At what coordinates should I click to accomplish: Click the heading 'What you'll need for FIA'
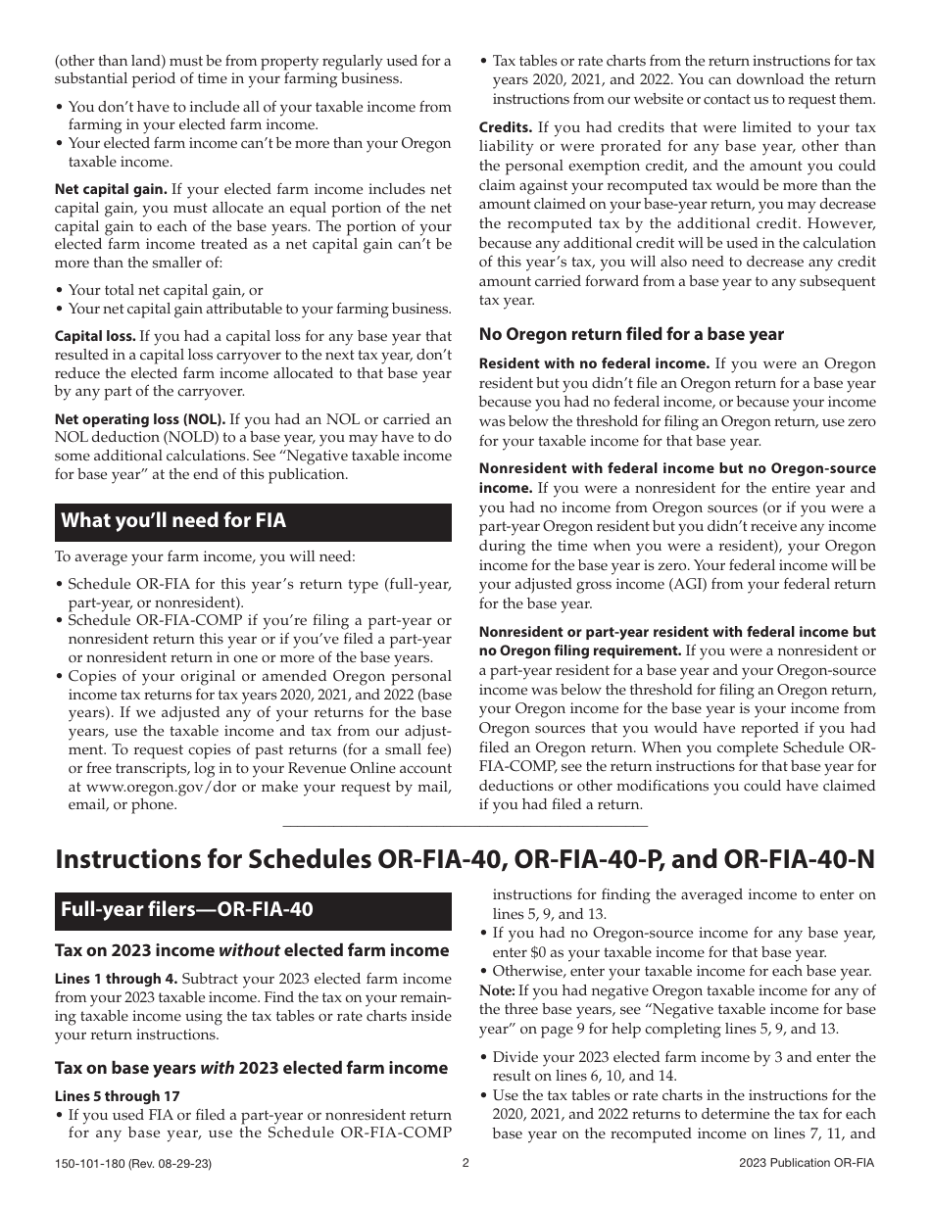tap(173, 521)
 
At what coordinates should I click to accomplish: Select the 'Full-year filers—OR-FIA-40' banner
tap(187, 909)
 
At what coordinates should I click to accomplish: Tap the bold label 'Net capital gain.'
tap(111, 189)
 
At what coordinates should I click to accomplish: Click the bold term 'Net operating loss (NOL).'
tap(140, 418)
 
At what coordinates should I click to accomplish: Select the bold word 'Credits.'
tap(506, 128)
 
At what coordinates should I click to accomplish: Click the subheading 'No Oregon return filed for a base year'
tap(631, 334)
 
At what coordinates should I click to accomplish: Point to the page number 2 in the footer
tap(465, 1163)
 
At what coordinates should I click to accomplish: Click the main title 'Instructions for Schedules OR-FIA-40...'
tap(465, 859)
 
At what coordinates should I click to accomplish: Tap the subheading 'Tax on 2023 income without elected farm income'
tap(252, 950)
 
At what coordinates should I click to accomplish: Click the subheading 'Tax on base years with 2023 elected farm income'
tap(251, 1068)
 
